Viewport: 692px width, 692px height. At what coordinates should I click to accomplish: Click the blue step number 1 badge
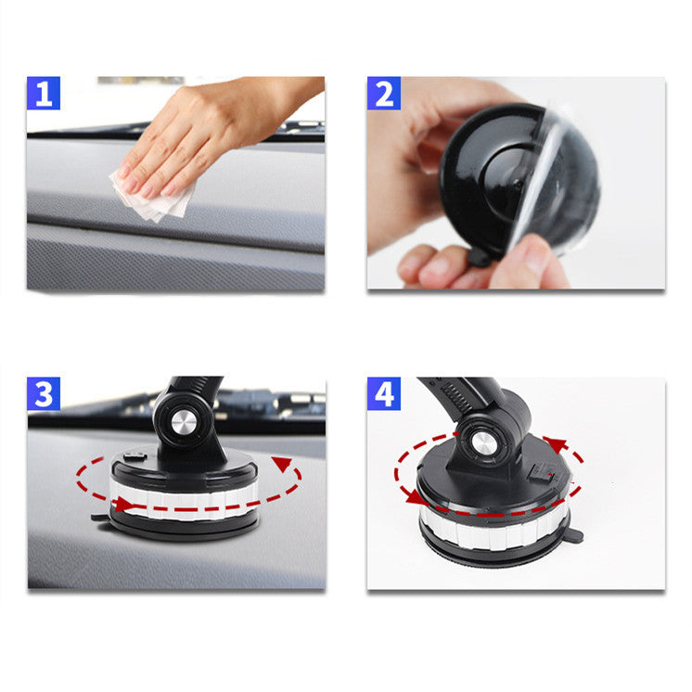coord(44,93)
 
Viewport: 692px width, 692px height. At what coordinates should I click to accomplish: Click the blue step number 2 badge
coord(383,93)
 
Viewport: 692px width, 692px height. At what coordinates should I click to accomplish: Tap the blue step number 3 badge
coord(44,394)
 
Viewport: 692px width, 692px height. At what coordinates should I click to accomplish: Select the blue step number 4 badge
coord(383,394)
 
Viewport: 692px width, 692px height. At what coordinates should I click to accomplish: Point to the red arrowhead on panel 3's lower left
coord(121,504)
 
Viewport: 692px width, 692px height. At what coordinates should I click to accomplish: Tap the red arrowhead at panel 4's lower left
coord(411,496)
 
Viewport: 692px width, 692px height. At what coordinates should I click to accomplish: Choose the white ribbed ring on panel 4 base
coord(492,527)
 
